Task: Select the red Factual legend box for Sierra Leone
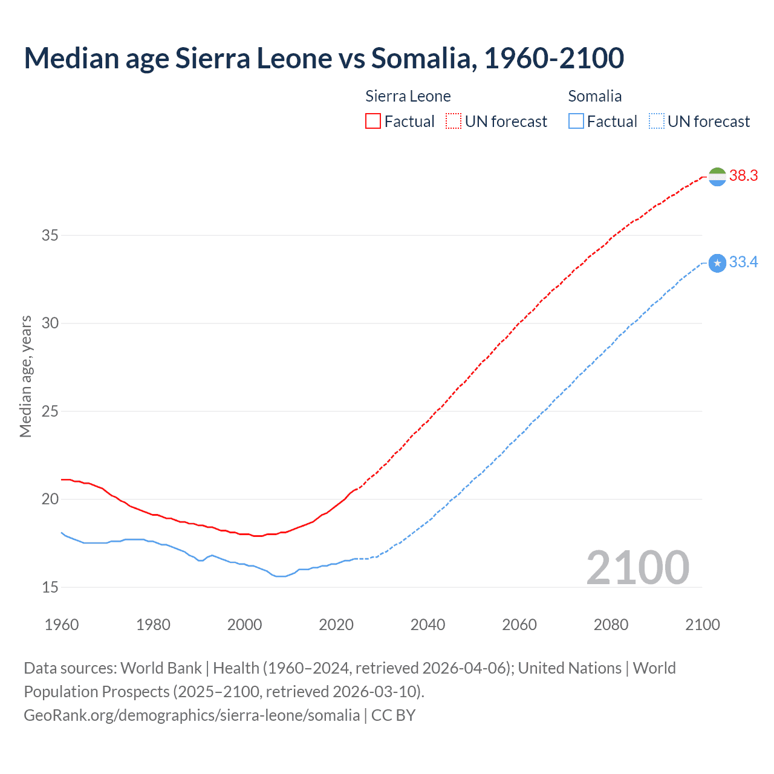point(373,122)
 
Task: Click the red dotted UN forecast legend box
point(454,122)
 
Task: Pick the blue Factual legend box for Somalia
point(576,122)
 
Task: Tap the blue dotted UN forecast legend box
point(656,122)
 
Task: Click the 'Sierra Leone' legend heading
point(408,96)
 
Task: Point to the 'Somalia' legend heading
point(594,96)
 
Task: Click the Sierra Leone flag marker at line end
point(717,177)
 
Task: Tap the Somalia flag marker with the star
point(717,263)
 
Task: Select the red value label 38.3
point(743,176)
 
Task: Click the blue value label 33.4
point(743,262)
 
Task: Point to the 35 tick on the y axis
point(50,235)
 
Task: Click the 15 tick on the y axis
point(50,587)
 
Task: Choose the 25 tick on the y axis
point(50,411)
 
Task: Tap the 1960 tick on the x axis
point(62,625)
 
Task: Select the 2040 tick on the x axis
point(428,625)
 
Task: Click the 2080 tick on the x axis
point(611,625)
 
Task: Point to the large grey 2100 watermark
point(637,568)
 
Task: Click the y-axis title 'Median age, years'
point(25,376)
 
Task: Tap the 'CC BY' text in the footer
point(393,715)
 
